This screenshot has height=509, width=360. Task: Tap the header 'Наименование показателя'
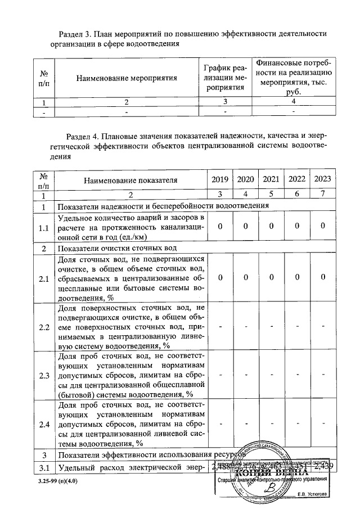130,181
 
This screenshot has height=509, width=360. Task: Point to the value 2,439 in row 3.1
323,466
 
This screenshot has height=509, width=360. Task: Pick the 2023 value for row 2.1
322,278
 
